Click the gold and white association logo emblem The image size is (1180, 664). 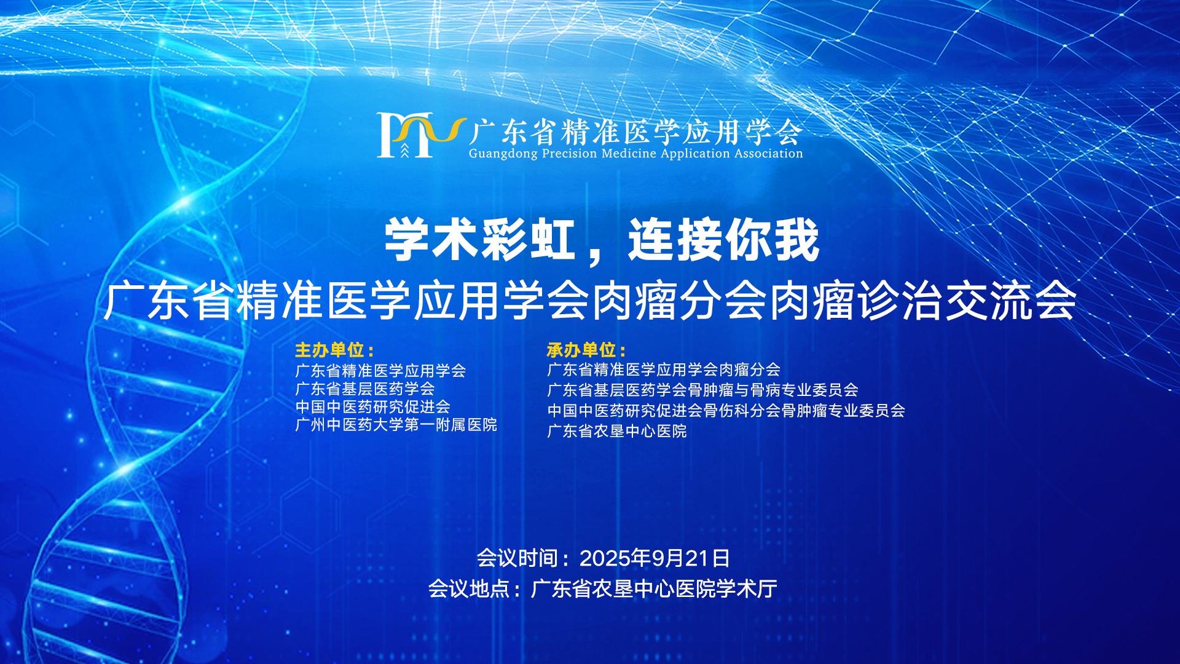point(421,135)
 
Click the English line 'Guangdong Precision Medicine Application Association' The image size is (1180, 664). point(635,154)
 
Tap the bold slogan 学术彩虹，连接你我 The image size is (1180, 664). point(602,240)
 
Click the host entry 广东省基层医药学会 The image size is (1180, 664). point(365,389)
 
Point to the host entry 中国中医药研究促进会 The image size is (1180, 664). point(373,406)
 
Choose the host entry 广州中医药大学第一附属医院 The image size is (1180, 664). point(396,425)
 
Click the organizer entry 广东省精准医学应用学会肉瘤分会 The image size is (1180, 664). point(664,370)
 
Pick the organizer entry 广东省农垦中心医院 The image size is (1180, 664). point(617,431)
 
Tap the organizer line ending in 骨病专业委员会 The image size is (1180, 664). point(703,390)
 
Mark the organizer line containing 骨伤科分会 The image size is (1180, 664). point(726,410)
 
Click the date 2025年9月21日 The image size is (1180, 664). point(655,558)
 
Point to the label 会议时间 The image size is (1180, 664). point(517,558)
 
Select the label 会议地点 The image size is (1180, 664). point(469,589)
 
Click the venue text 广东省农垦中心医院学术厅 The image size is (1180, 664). point(654,589)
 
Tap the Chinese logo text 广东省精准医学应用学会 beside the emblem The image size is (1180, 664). point(635,131)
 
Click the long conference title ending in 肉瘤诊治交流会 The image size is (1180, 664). point(590,301)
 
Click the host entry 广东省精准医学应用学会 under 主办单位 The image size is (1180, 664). point(380,371)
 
